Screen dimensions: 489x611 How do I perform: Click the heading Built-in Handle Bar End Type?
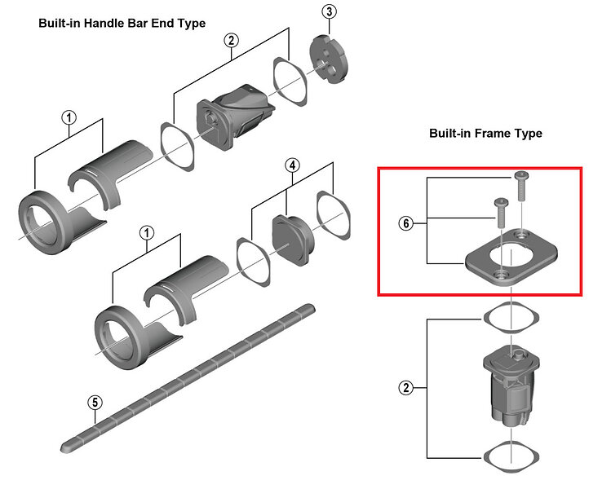tap(122, 23)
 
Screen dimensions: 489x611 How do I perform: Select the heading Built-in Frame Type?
tap(485, 133)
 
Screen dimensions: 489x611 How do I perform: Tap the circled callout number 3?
tap(329, 11)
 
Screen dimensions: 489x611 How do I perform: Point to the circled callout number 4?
tap(292, 166)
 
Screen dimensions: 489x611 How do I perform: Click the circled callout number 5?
tap(95, 402)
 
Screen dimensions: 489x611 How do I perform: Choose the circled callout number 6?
tap(405, 222)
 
